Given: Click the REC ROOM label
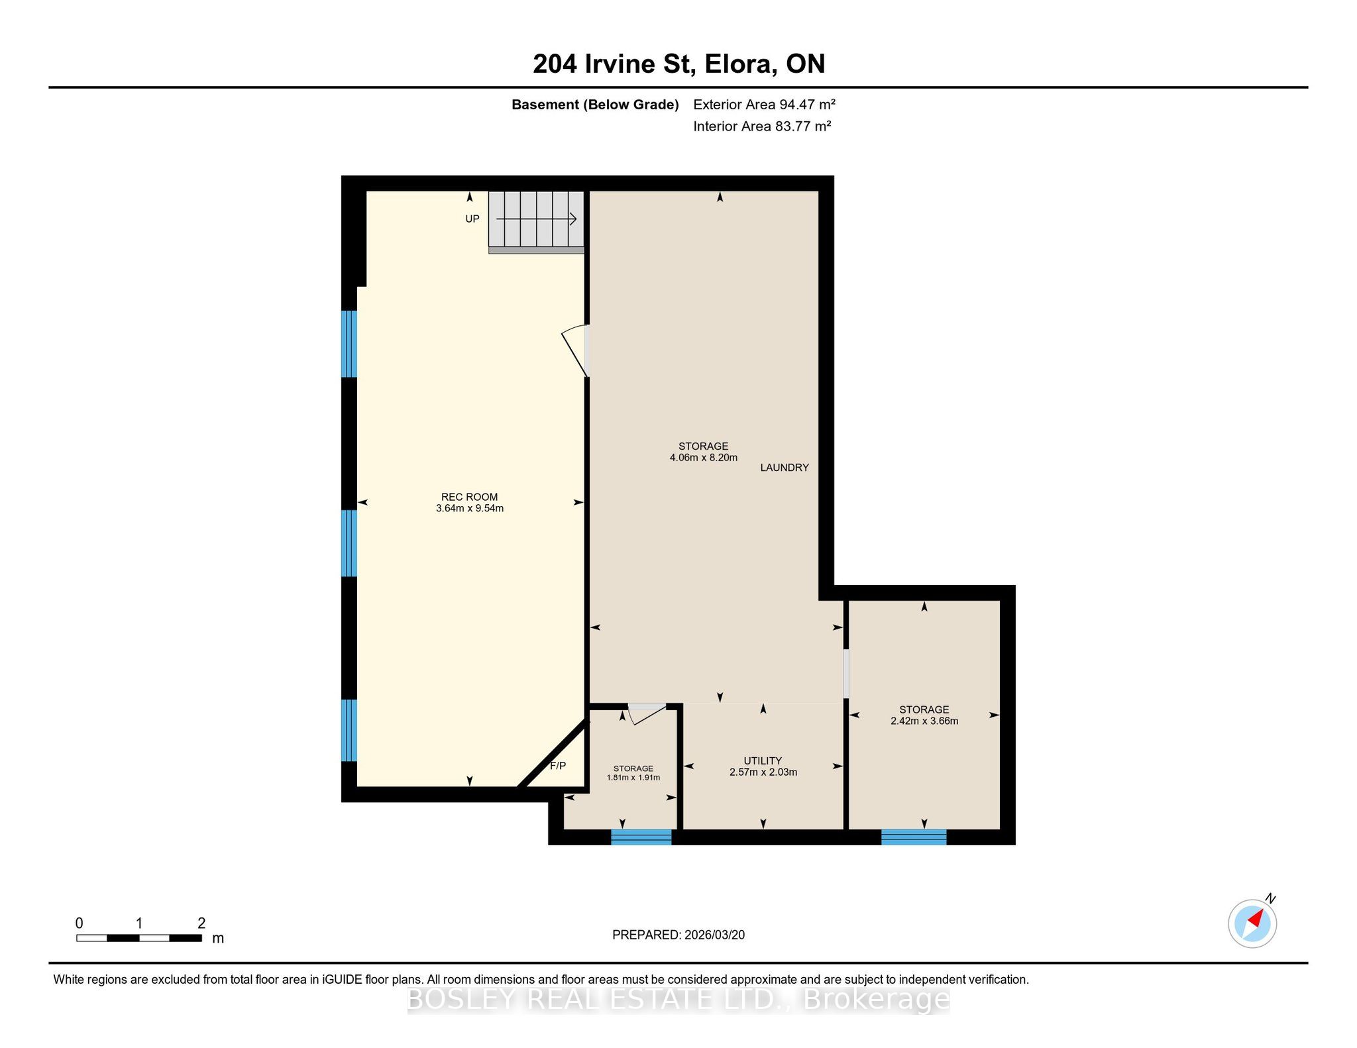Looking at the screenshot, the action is coord(469,497).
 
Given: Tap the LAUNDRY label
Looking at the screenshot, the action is coord(785,468).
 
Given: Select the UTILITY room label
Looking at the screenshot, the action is coord(763,760).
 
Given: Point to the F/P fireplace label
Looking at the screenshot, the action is coord(558,766).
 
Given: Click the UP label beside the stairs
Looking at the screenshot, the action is coord(472,219).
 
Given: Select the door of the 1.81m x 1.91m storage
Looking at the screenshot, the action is coord(647,713).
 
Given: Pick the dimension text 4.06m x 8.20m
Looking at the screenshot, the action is coord(703,458).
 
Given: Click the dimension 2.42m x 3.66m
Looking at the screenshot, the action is coord(924,721).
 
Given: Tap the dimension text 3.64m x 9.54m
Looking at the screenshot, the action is coord(469,509).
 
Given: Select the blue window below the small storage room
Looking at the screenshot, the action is coord(641,837).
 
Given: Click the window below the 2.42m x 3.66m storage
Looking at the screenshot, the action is coord(914,837).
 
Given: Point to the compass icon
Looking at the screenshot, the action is coord(1252,922).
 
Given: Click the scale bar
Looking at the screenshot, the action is coord(139,938).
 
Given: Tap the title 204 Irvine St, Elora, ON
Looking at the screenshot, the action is coord(678,64).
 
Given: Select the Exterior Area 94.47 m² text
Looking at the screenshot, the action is coord(764,104).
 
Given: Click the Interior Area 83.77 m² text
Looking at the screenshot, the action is coord(762,126).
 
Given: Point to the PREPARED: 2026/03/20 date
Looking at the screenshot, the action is coord(678,935).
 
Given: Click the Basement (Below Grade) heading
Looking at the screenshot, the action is coord(595,105).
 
